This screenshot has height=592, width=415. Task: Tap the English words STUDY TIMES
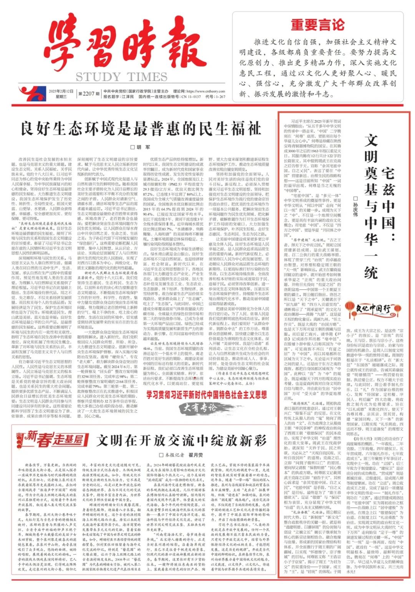pyautogui.click(x=121, y=77)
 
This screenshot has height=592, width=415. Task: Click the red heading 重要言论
pyautogui.click(x=317, y=25)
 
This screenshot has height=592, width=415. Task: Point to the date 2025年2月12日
pyautogui.click(x=61, y=91)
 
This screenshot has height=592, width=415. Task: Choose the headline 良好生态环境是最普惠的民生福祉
pyautogui.click(x=141, y=128)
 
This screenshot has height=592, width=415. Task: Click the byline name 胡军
pyautogui.click(x=143, y=147)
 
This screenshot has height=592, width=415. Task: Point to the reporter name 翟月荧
pyautogui.click(x=195, y=455)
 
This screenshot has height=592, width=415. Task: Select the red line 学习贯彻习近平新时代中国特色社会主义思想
pyautogui.click(x=206, y=394)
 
